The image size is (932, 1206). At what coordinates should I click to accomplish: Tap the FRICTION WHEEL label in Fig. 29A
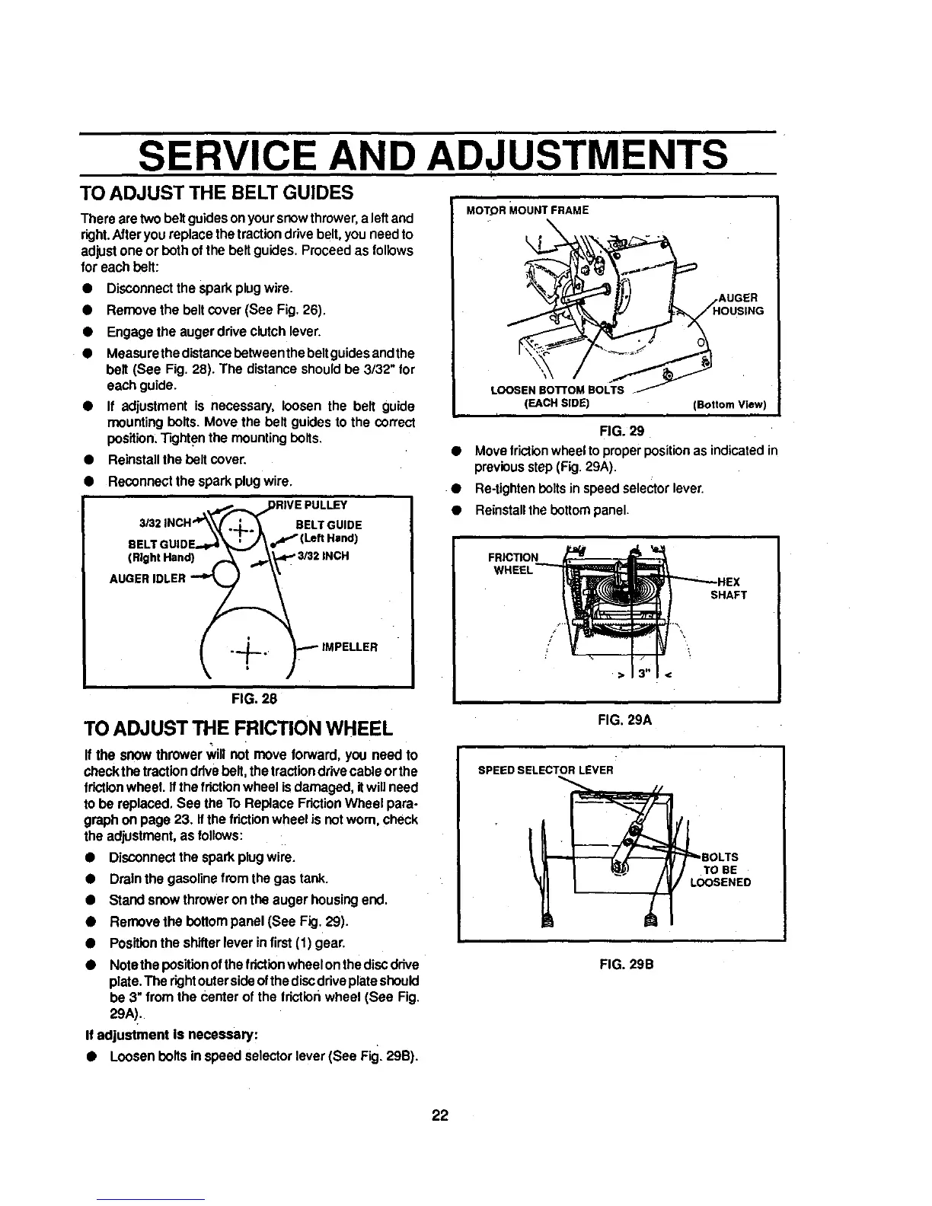(x=512, y=564)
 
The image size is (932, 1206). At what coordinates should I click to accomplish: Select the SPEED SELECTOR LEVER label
(x=545, y=769)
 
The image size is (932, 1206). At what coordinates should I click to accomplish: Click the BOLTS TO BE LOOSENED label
(x=720, y=869)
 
